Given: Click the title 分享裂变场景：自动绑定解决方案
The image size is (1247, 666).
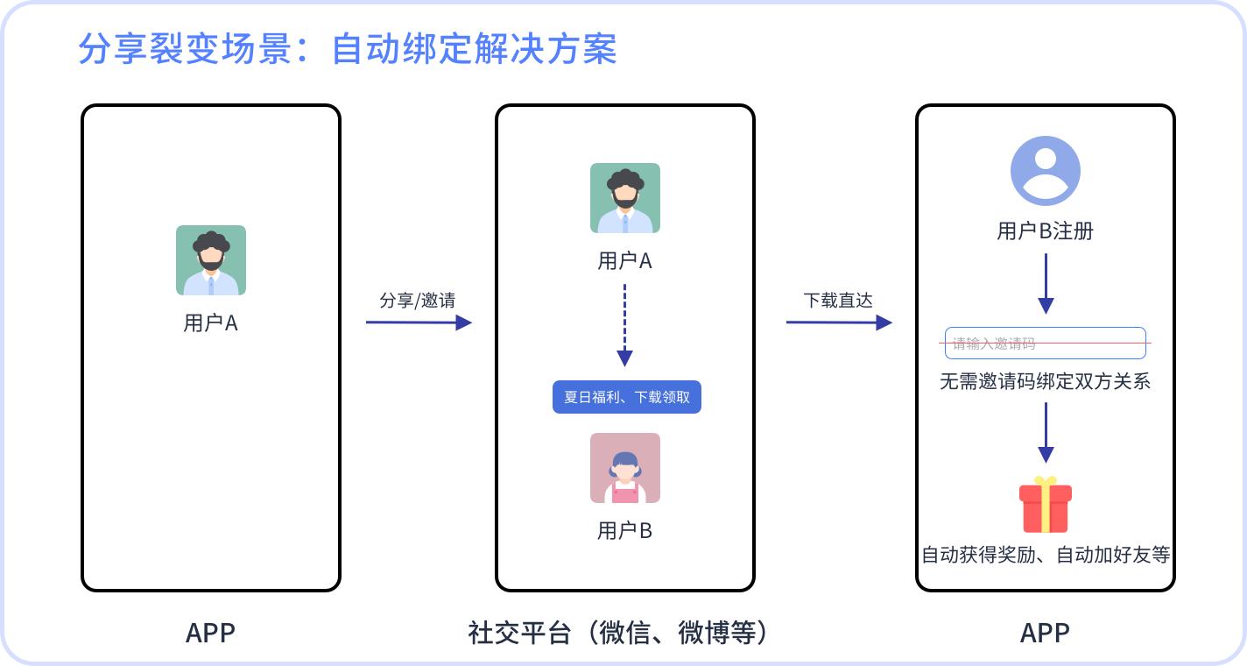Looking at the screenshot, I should (347, 49).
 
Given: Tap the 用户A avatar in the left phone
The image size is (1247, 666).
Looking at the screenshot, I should (211, 260).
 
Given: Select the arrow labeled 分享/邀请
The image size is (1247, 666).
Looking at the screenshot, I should (419, 322).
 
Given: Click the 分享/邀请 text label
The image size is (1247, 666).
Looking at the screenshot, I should (418, 301).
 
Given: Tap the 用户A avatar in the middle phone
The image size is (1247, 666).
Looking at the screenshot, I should (625, 198).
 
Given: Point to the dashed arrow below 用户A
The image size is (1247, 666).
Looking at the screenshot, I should (624, 324).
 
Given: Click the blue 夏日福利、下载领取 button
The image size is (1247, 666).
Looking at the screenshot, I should (627, 397).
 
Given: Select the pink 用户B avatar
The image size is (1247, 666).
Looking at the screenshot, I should (625, 468).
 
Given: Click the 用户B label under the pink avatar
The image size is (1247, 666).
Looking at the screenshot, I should (625, 530).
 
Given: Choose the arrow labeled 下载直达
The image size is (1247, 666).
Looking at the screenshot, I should (839, 322).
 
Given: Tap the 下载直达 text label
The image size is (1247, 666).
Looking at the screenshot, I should (838, 301).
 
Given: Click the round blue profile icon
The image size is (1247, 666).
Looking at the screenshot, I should (1046, 171).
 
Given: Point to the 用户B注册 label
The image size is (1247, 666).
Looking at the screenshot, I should (1046, 231).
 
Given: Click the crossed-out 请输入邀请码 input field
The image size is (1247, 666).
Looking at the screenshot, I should (1046, 344).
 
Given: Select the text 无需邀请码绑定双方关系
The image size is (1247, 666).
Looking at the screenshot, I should (1046, 382).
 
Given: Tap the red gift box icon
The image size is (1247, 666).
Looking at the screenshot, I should (1046, 506).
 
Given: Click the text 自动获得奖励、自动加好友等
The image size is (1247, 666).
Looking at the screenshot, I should (1046, 555).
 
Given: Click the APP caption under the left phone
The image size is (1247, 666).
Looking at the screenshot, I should (211, 633).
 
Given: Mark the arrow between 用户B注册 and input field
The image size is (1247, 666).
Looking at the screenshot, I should (1046, 283).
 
